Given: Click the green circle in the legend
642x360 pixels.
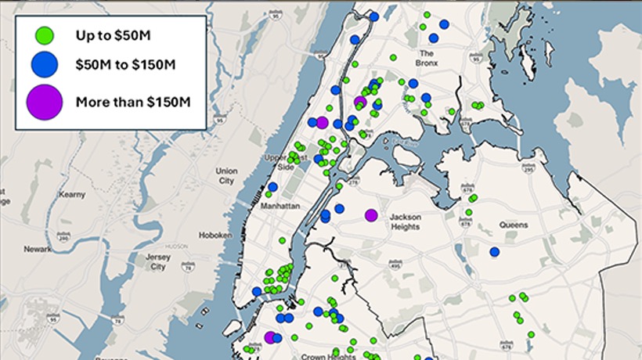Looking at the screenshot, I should click(45, 35).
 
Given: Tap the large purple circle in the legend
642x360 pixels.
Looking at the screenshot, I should click(45, 101).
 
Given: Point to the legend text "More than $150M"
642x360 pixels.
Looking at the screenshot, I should click(133, 101).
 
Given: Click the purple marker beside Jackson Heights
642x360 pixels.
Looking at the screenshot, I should click(371, 215).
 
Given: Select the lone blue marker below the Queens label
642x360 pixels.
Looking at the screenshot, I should click(494, 251).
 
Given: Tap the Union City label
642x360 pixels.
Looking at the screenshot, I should click(226, 175).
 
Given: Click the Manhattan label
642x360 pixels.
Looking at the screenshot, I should click(281, 204).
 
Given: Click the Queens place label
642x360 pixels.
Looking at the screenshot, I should click(514, 225).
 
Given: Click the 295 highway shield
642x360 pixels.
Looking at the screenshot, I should click(528, 170).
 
